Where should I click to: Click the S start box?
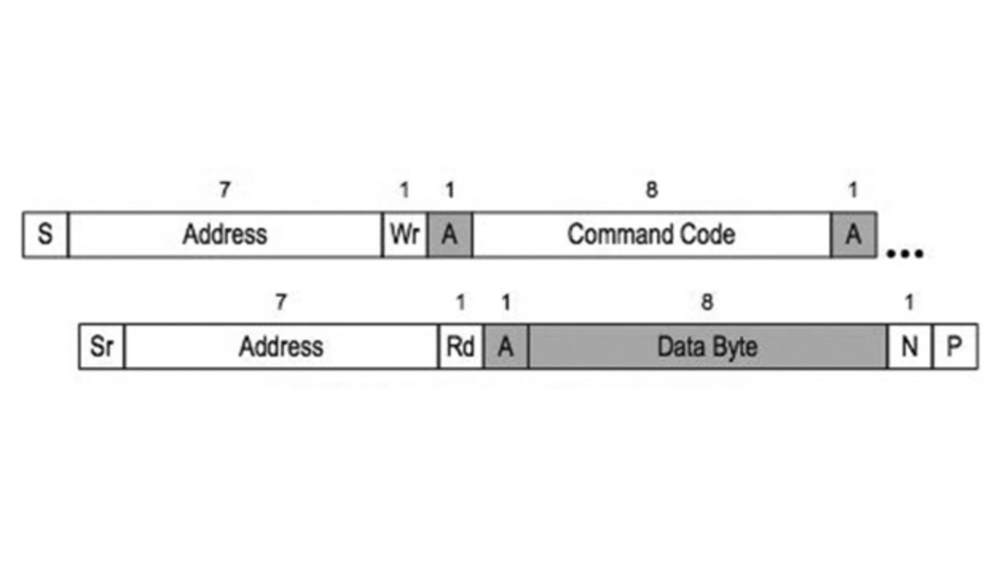tap(45, 235)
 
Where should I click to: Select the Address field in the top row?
tap(226, 235)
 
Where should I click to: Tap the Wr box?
tap(405, 235)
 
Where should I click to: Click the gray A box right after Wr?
tap(450, 235)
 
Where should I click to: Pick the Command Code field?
tap(652, 235)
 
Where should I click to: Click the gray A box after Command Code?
tap(854, 235)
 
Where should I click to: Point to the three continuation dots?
tap(905, 254)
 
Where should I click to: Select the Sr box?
tap(101, 347)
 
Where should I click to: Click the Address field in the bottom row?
tap(282, 347)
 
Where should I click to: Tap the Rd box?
tap(461, 347)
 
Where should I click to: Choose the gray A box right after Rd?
tap(507, 347)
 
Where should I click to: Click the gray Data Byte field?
tap(708, 347)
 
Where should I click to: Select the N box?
tap(910, 347)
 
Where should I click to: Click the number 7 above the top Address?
tap(225, 190)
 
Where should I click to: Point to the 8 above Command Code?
tap(652, 190)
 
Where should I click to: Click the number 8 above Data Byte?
tap(707, 302)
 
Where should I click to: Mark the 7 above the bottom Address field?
tap(280, 302)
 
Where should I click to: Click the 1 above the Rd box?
tap(460, 302)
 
